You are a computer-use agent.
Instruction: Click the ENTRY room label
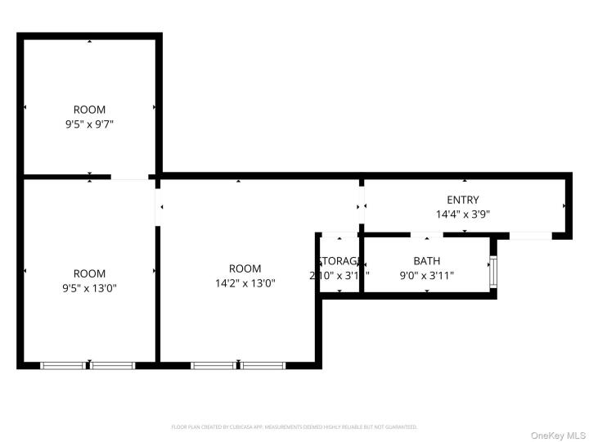pyautogui.click(x=463, y=200)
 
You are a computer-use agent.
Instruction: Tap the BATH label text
pyautogui.click(x=426, y=261)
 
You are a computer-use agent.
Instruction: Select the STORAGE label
pyautogui.click(x=338, y=261)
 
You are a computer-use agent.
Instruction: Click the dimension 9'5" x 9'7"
pyautogui.click(x=89, y=124)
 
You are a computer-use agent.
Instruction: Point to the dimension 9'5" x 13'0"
pyautogui.click(x=89, y=288)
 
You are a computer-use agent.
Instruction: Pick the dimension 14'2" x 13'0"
pyautogui.click(x=245, y=283)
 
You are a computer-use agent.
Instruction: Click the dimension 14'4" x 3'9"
pyautogui.click(x=463, y=214)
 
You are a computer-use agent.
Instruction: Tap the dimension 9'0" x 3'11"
pyautogui.click(x=426, y=276)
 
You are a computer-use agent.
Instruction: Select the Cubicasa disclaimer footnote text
pyautogui.click(x=294, y=426)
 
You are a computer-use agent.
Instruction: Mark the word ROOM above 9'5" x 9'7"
pyautogui.click(x=89, y=110)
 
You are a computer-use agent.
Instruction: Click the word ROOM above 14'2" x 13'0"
pyautogui.click(x=245, y=268)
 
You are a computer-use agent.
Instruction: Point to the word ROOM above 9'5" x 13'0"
pyautogui.click(x=89, y=273)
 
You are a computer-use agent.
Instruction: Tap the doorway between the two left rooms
pyautogui.click(x=129, y=177)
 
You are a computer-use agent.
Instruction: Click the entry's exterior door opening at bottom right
pyautogui.click(x=529, y=236)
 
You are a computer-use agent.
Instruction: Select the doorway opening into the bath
pyautogui.click(x=422, y=236)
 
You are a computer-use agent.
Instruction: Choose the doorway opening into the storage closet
pyautogui.click(x=339, y=236)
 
